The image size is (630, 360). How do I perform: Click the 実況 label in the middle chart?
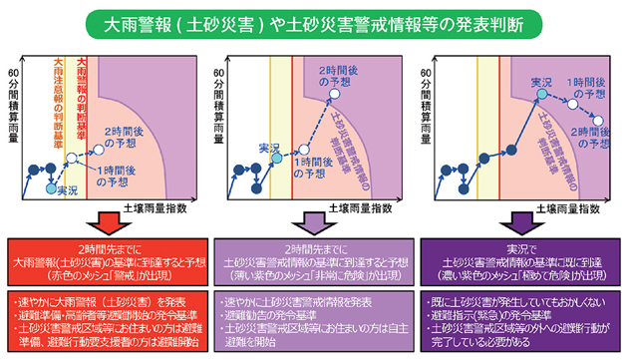coord(267,148)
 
